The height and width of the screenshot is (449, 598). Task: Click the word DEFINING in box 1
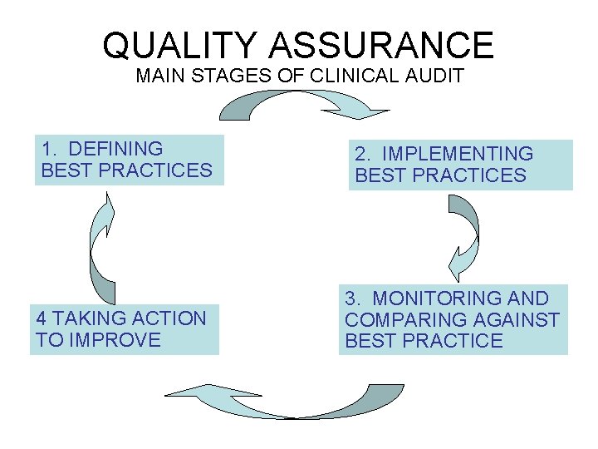click(115, 149)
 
